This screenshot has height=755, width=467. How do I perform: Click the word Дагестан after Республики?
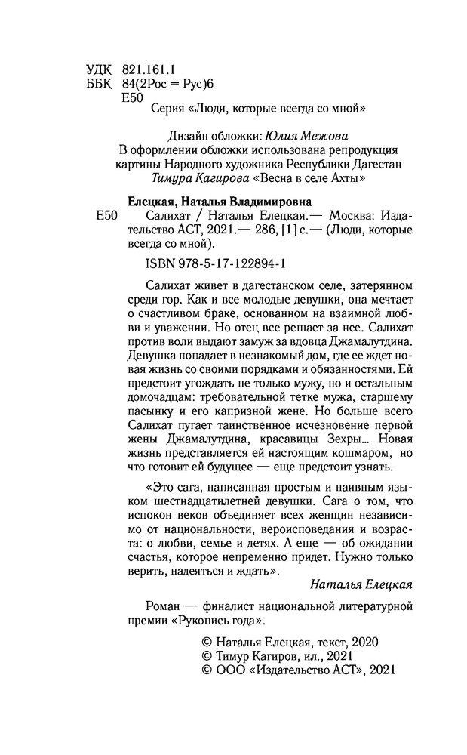(379, 164)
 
